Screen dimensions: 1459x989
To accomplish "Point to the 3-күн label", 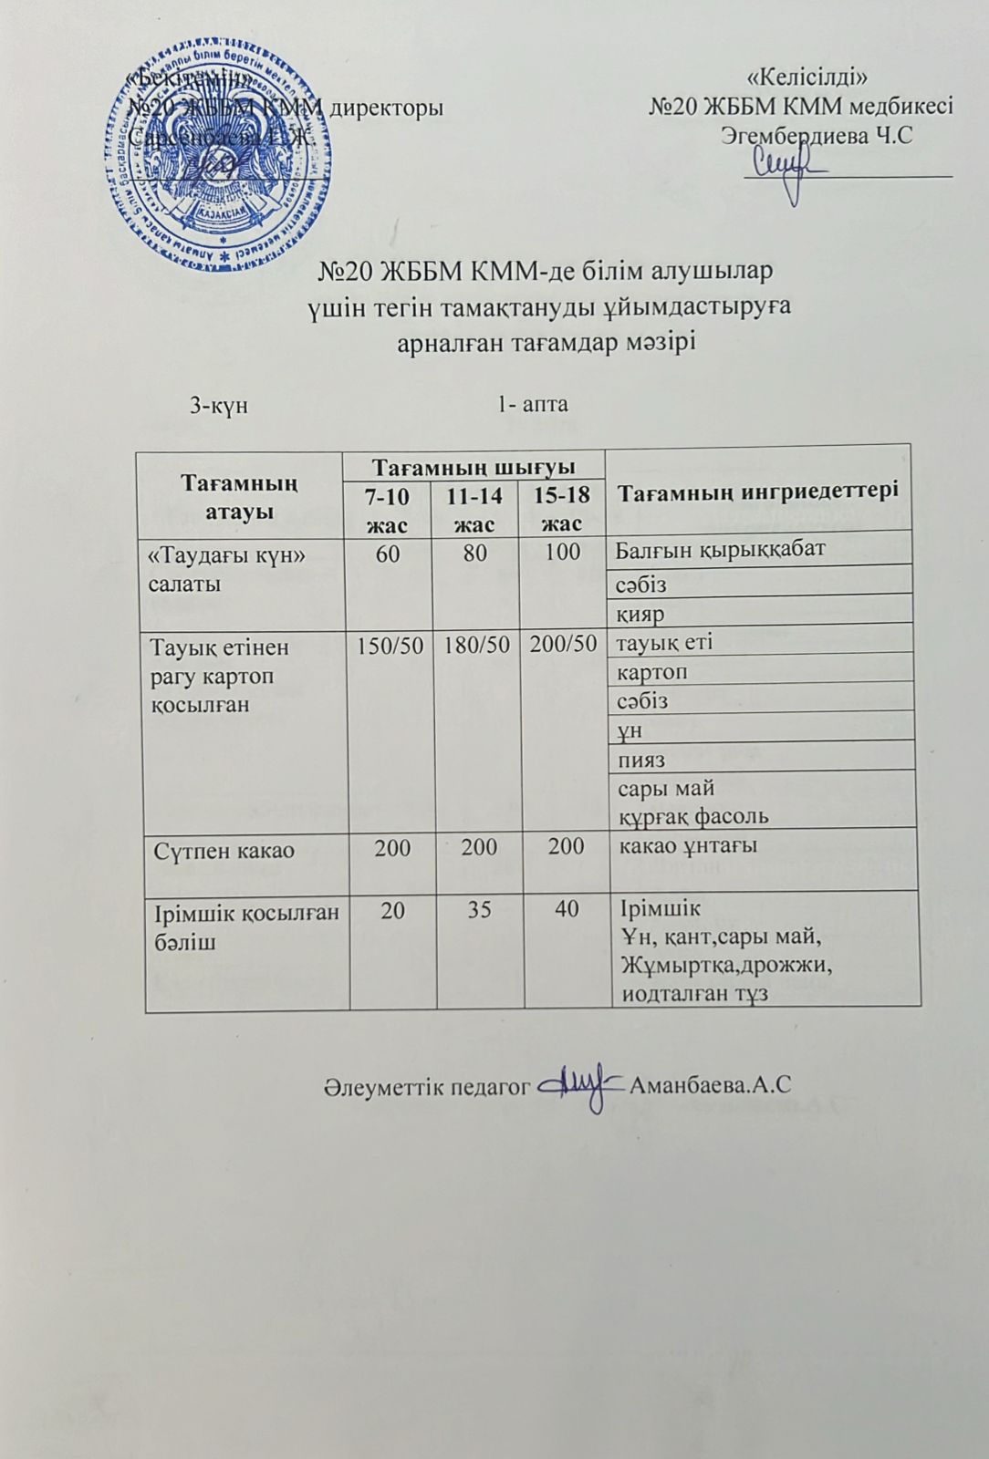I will tap(219, 405).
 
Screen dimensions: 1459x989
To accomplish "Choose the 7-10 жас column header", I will tap(388, 510).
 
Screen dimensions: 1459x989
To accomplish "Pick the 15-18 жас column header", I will tap(562, 510).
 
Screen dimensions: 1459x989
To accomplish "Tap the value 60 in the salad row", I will tap(388, 553).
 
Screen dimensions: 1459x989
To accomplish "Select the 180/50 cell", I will tap(476, 645).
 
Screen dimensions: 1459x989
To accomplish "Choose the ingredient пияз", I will tap(641, 760).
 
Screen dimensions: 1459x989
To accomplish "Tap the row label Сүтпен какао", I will tap(224, 851).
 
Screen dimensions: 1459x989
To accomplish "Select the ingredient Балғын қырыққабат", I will tap(720, 550).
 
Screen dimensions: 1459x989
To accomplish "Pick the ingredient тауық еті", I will tap(665, 642).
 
